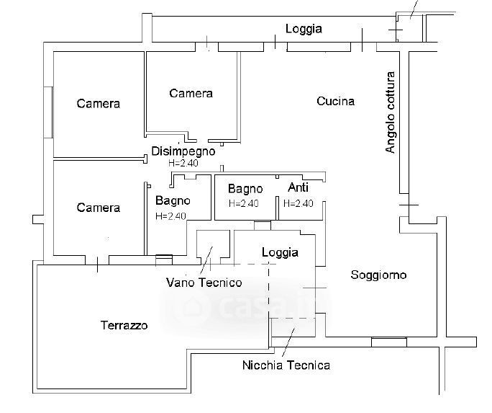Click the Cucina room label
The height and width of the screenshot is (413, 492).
(x=335, y=101)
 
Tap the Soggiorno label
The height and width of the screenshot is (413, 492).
(x=378, y=275)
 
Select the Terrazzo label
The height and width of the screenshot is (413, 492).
(x=124, y=326)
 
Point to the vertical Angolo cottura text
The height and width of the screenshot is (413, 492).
(x=391, y=112)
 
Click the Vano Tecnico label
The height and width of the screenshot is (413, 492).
(x=204, y=282)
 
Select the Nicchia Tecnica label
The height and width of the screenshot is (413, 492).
(x=286, y=365)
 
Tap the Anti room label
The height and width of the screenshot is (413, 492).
(x=298, y=187)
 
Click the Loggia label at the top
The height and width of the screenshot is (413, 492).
(x=304, y=30)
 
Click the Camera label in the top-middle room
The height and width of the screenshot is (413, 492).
(x=191, y=93)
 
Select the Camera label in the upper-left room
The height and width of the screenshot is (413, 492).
(x=99, y=104)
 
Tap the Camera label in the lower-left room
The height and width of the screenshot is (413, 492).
(x=99, y=208)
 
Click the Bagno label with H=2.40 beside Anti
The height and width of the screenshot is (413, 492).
(x=245, y=189)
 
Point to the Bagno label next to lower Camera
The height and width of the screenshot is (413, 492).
(x=173, y=200)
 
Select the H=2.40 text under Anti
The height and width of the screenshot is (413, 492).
(x=298, y=203)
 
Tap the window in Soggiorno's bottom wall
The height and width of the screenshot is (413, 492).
(x=389, y=342)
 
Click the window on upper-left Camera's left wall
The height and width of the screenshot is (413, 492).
(x=48, y=112)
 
